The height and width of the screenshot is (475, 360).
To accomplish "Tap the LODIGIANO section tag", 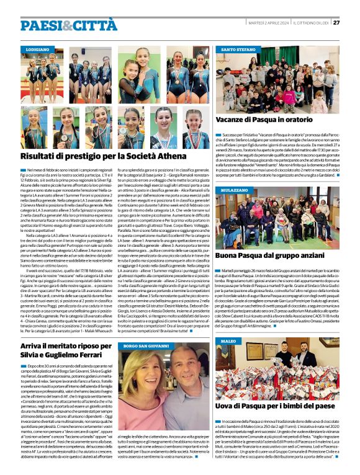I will [38, 48].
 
